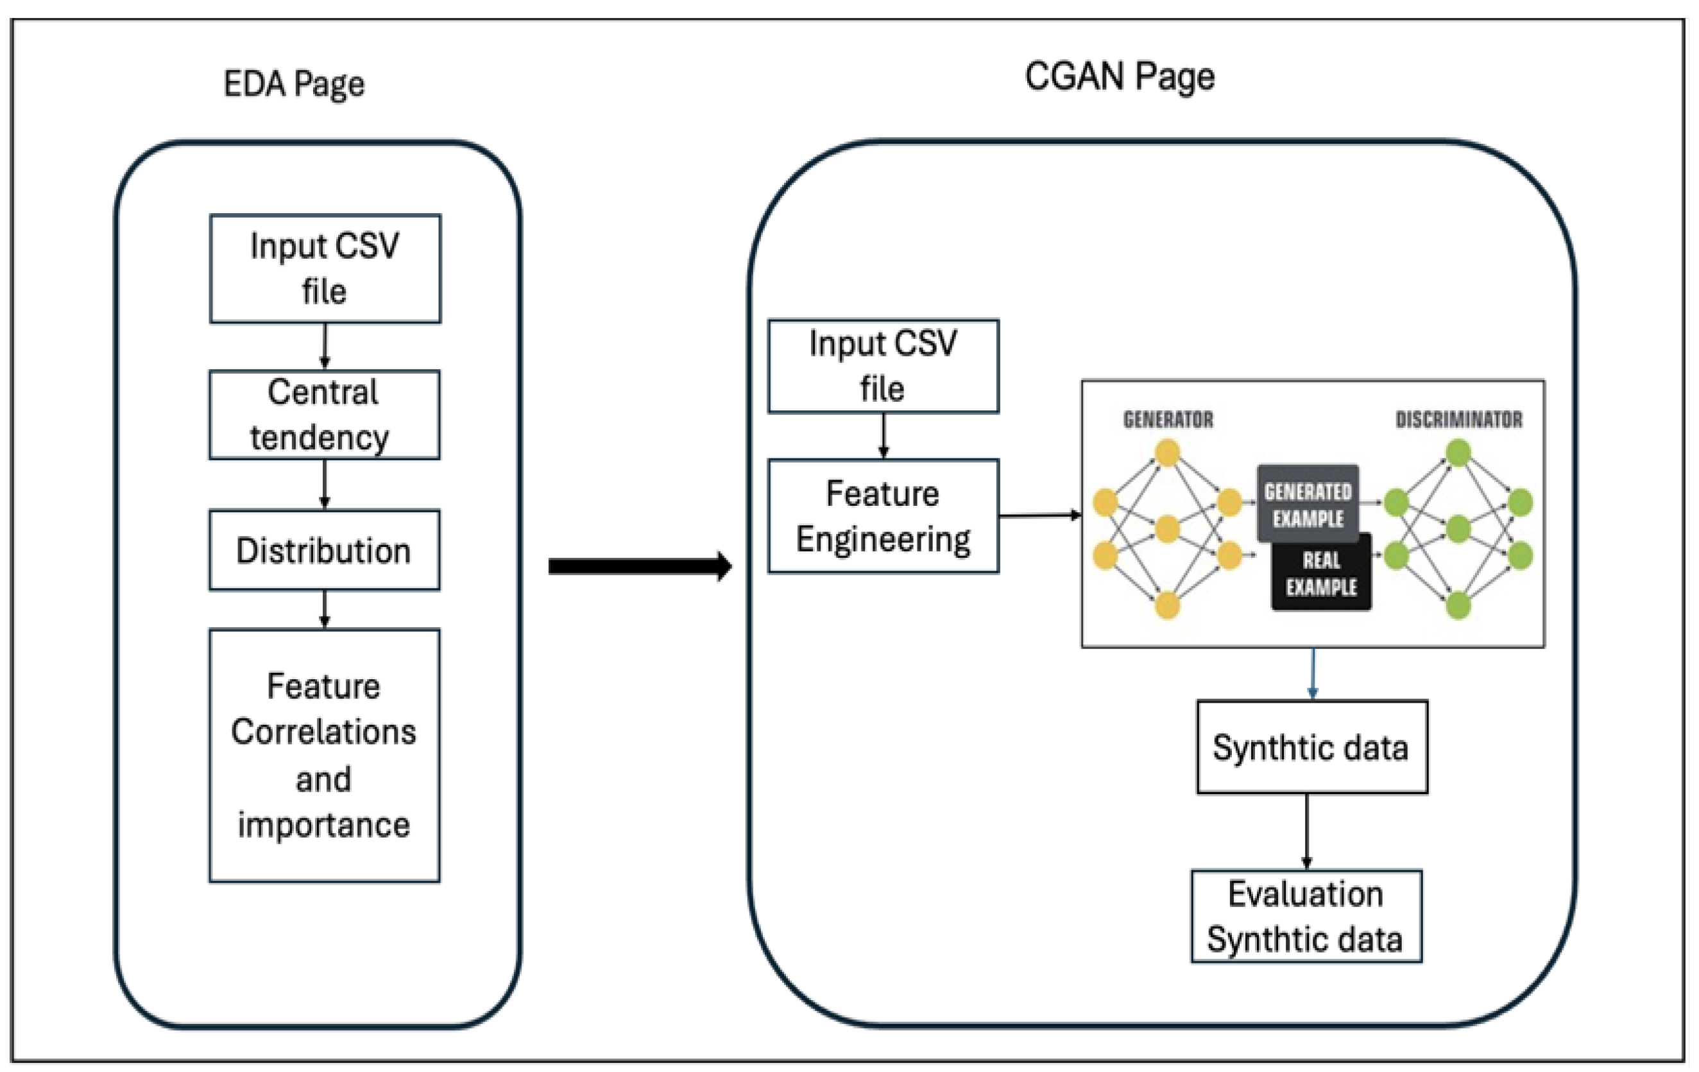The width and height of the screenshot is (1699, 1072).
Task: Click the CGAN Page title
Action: (x=1119, y=77)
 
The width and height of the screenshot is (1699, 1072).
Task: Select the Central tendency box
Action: (x=325, y=415)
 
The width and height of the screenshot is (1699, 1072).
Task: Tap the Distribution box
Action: (x=325, y=551)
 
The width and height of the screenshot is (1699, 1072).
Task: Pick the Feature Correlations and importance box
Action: (x=325, y=755)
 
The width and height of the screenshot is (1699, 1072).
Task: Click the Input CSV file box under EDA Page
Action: (x=325, y=269)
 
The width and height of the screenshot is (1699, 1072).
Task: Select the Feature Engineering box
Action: (x=884, y=516)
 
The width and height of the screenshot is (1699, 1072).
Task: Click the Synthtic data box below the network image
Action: (x=1311, y=747)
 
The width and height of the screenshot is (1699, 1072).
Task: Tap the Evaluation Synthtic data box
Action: (x=1306, y=916)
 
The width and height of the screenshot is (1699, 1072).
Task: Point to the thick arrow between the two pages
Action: (x=638, y=566)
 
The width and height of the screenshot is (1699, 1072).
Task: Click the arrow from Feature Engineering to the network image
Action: (x=1039, y=516)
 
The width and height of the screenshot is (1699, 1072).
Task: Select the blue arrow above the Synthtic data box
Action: (x=1312, y=673)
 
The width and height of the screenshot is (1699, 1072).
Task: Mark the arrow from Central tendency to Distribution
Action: (x=325, y=484)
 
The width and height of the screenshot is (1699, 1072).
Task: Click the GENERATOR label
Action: (x=1168, y=420)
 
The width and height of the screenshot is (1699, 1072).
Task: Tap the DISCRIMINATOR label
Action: (x=1458, y=420)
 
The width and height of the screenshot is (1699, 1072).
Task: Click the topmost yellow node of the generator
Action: (x=1168, y=453)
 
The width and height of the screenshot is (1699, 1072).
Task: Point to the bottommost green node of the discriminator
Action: (x=1458, y=605)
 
